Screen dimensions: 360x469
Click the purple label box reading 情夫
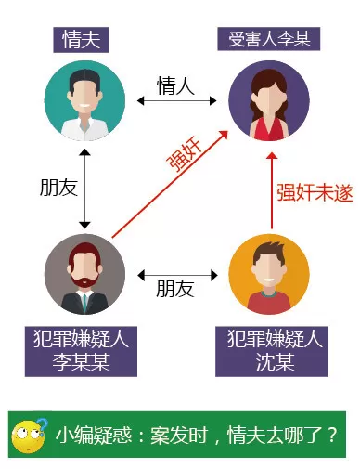point(81,40)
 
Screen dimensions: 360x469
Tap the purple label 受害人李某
point(268,39)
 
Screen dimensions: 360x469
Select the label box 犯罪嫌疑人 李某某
point(81,351)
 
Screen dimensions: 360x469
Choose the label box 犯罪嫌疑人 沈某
point(272,351)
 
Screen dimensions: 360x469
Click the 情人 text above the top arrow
point(175,85)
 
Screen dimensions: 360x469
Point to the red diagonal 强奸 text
point(185,154)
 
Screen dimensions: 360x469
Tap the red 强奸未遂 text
point(315,192)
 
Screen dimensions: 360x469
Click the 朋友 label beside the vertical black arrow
point(58,188)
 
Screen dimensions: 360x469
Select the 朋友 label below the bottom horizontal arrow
point(175,289)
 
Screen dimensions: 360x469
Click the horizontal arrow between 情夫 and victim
point(176,100)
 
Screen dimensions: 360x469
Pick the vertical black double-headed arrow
point(84,189)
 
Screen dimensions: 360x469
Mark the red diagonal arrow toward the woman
point(170,184)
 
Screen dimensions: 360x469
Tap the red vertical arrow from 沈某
point(272,190)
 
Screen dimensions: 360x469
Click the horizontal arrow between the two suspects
point(177,275)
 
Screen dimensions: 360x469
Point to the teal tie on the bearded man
point(84,304)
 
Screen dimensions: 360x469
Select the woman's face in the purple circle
point(269,99)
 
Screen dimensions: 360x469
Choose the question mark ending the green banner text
point(332,435)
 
